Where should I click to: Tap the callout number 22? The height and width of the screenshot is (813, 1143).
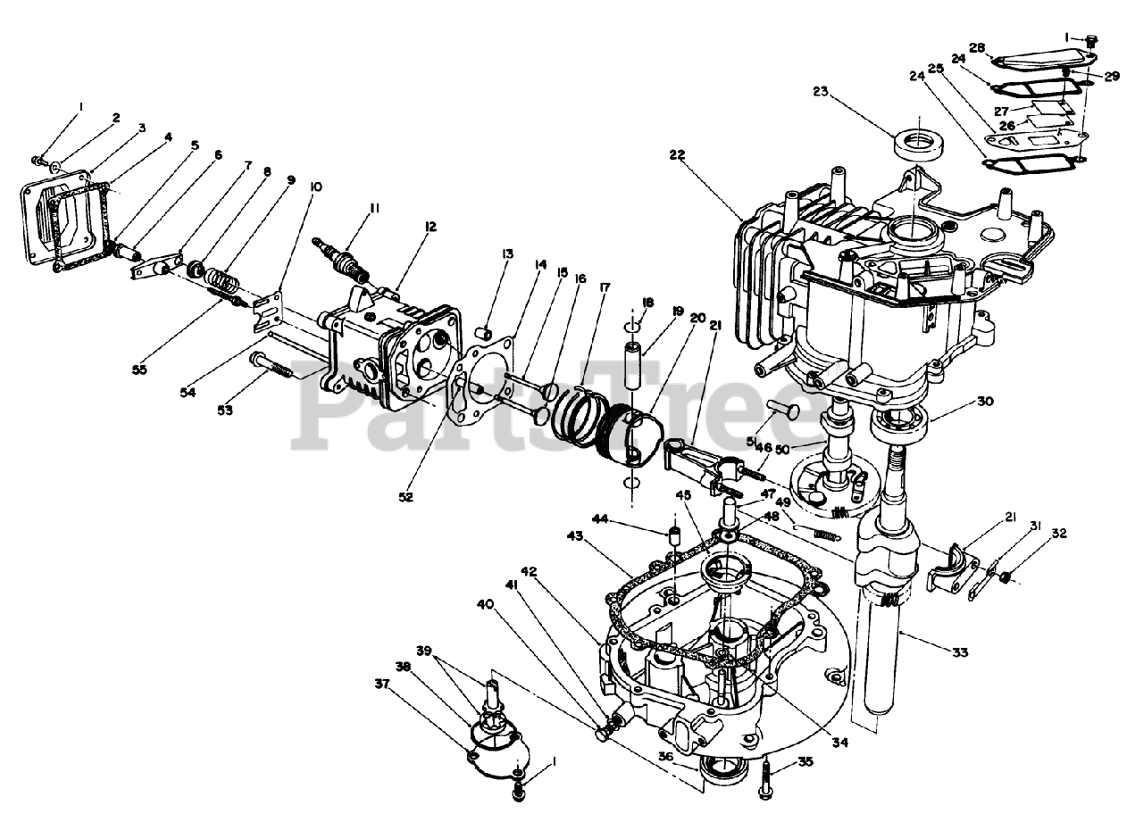pos(677,154)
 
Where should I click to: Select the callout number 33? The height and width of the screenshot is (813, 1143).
pos(959,652)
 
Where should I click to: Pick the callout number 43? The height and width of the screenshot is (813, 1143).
pos(575,535)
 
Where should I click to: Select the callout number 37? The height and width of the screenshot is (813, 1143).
pos(382,683)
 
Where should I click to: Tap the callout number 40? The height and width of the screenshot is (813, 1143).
pos(485,604)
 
